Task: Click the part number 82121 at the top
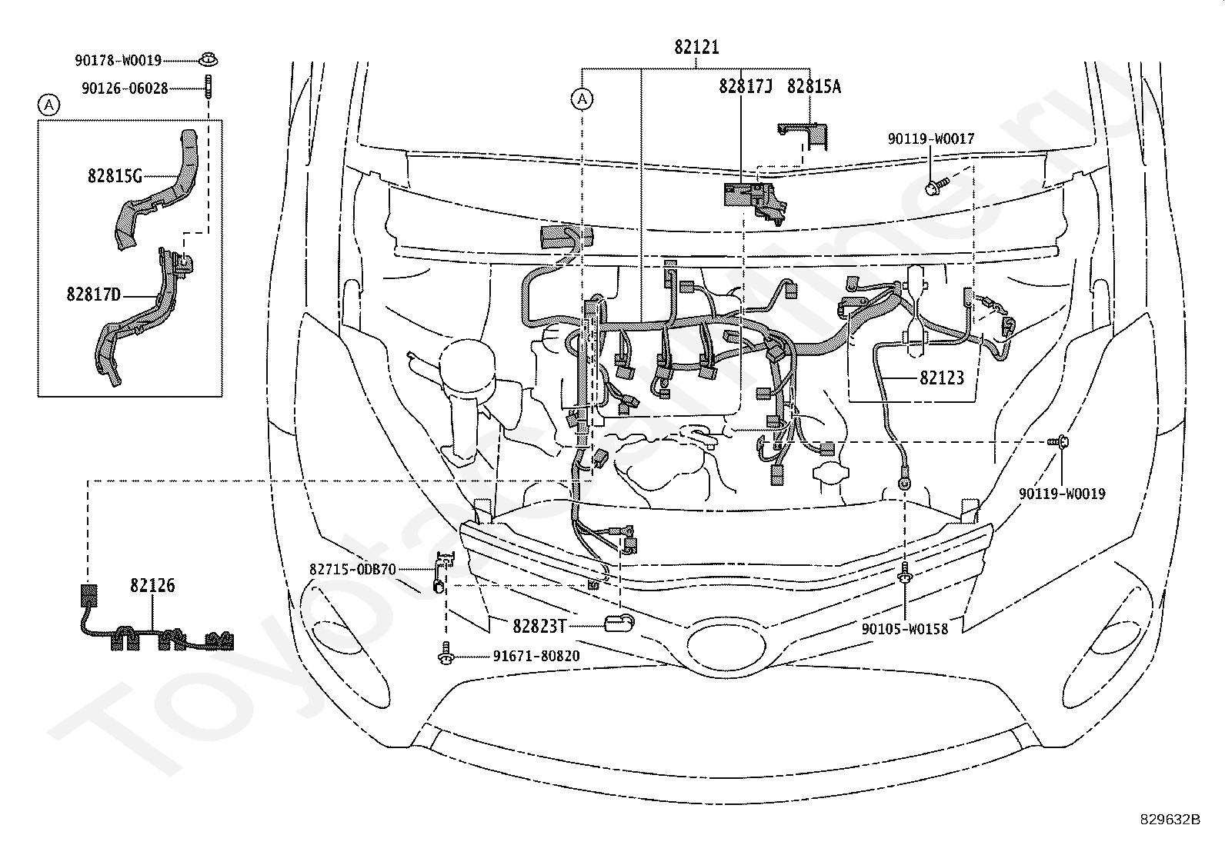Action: click(696, 47)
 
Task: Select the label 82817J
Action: click(746, 86)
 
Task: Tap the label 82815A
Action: click(814, 86)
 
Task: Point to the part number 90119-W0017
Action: click(931, 139)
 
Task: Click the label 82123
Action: click(942, 378)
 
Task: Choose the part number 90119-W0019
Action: click(1062, 494)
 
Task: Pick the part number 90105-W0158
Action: click(905, 628)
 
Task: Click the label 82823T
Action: click(539, 626)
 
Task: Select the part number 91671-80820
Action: click(536, 656)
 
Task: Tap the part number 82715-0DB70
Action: click(352, 570)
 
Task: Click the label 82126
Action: click(152, 585)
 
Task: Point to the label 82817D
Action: click(93, 294)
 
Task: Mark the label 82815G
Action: click(115, 176)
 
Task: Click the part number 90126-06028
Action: click(125, 88)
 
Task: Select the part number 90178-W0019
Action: click(118, 60)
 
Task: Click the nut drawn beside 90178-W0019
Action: click(209, 59)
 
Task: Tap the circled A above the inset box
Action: click(49, 105)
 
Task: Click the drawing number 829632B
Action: click(1170, 820)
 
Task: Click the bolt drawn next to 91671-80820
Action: click(446, 654)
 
